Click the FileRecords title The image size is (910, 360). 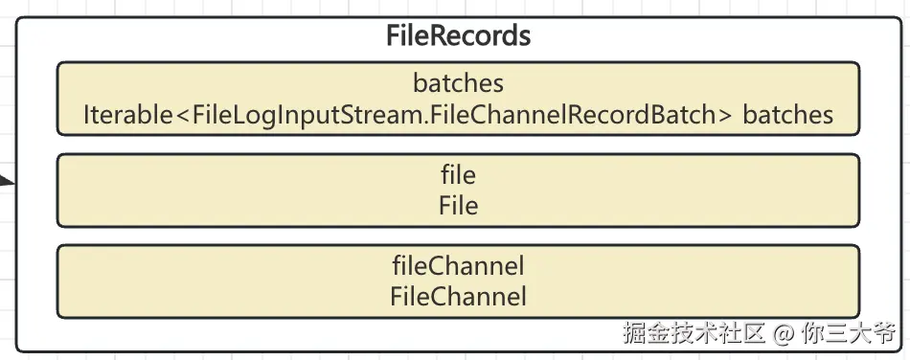(458, 36)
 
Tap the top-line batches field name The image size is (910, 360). (458, 83)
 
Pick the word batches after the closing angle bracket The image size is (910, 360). (787, 115)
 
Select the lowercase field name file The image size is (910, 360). (458, 175)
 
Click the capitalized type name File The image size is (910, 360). (458, 205)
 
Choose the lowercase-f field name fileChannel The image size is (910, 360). (458, 265)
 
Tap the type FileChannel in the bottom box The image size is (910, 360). (458, 296)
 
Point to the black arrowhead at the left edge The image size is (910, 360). (7, 179)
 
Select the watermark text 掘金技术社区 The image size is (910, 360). (694, 334)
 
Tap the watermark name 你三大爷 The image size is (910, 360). (848, 334)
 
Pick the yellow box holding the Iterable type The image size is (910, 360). (458, 100)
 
